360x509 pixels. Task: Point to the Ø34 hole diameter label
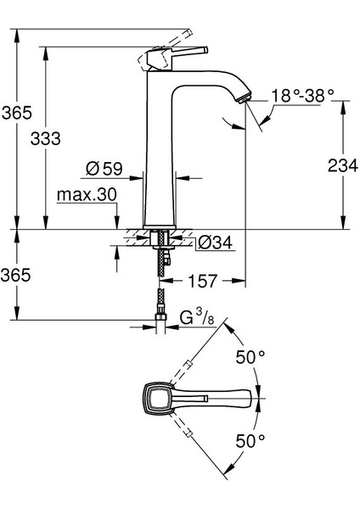215,243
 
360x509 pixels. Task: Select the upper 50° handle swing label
250,358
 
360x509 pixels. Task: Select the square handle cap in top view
155,399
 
